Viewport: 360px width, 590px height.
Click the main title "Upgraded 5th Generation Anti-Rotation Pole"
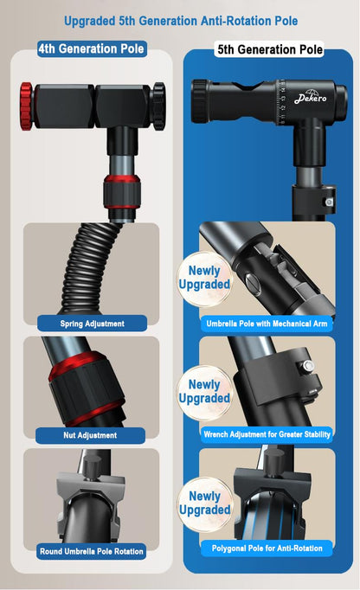coord(181,21)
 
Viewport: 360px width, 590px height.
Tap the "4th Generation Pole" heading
coord(92,49)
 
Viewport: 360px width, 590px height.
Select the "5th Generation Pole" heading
coord(270,49)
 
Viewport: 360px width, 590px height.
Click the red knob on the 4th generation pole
coord(27,106)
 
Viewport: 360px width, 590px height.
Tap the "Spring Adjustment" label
coord(92,324)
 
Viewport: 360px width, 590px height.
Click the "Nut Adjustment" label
coord(90,435)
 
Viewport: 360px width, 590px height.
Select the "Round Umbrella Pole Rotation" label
coord(92,551)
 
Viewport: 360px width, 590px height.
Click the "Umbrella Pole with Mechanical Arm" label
coord(267,324)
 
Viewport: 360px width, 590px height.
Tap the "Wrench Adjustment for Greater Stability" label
coord(267,434)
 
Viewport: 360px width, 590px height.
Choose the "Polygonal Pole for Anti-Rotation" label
coord(267,548)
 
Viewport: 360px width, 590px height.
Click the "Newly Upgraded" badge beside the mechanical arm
coord(204,278)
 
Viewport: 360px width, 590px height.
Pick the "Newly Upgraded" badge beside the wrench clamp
coord(204,392)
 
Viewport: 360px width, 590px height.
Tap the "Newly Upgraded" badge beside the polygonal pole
coord(204,503)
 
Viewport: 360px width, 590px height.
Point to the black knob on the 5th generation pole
coord(200,101)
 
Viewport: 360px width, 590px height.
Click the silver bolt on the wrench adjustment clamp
coord(308,366)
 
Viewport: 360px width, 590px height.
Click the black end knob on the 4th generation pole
coord(158,106)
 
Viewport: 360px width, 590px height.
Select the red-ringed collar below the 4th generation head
coord(122,191)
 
